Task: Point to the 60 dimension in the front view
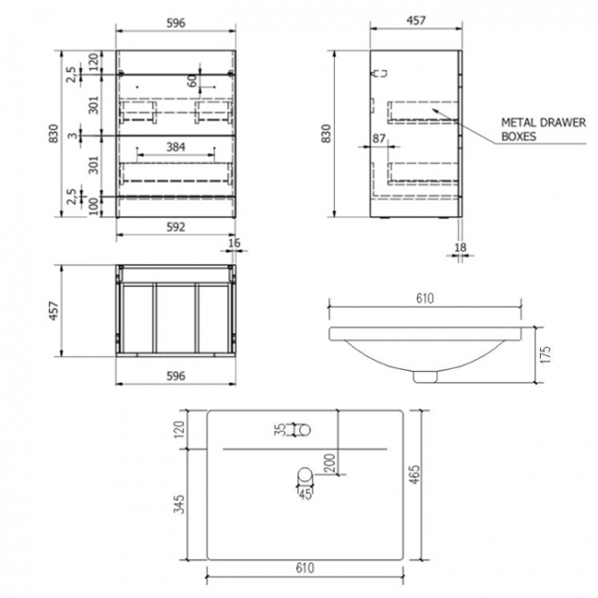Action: (193, 82)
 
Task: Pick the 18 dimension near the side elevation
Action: (462, 247)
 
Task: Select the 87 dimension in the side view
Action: (379, 138)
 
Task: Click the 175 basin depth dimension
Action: (546, 352)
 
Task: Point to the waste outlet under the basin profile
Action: (424, 374)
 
